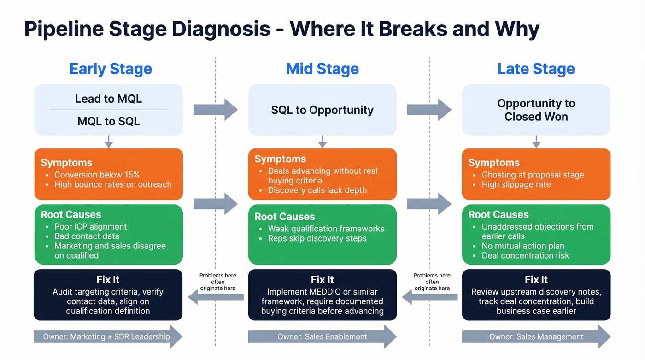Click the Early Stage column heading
click(111, 69)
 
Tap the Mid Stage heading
click(322, 69)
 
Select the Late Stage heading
click(536, 69)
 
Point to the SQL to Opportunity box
click(322, 110)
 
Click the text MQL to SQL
click(108, 122)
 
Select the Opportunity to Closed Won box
click(536, 110)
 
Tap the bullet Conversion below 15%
click(97, 175)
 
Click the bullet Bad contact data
click(87, 236)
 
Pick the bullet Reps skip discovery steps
click(317, 238)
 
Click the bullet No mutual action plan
click(523, 246)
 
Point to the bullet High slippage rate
click(516, 184)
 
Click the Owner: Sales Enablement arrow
click(322, 336)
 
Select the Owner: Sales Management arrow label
click(536, 336)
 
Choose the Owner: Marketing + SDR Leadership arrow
click(106, 336)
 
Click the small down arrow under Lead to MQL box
click(108, 142)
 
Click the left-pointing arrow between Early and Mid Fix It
click(216, 298)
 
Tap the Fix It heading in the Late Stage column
click(536, 280)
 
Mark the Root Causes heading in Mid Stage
click(284, 217)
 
